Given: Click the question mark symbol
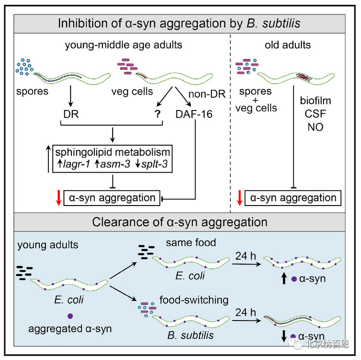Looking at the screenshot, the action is coord(157,114).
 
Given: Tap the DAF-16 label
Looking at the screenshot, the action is coord(194,115).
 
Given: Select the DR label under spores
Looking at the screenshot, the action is coord(71,115).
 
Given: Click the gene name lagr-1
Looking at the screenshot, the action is coord(76,164).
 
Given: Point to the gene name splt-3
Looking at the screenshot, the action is coord(154,164).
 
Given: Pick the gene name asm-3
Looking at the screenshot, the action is coord(115,164).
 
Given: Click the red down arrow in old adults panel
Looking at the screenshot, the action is coord(239,198).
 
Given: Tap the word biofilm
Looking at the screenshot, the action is coord(315,101).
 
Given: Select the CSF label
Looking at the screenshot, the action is coord(315,114).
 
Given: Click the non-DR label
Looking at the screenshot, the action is coord(207,94).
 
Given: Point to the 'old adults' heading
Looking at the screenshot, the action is coord(287,45).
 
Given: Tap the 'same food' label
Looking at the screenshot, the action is coord(191,243).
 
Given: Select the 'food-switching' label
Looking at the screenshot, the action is coord(194,300).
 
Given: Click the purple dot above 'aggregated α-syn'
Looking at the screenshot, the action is coord(70,316).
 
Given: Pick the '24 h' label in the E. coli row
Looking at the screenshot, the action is coord(245,256).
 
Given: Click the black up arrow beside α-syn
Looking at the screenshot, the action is coord(284,278).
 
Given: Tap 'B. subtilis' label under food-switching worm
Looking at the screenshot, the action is coord(190,335).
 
